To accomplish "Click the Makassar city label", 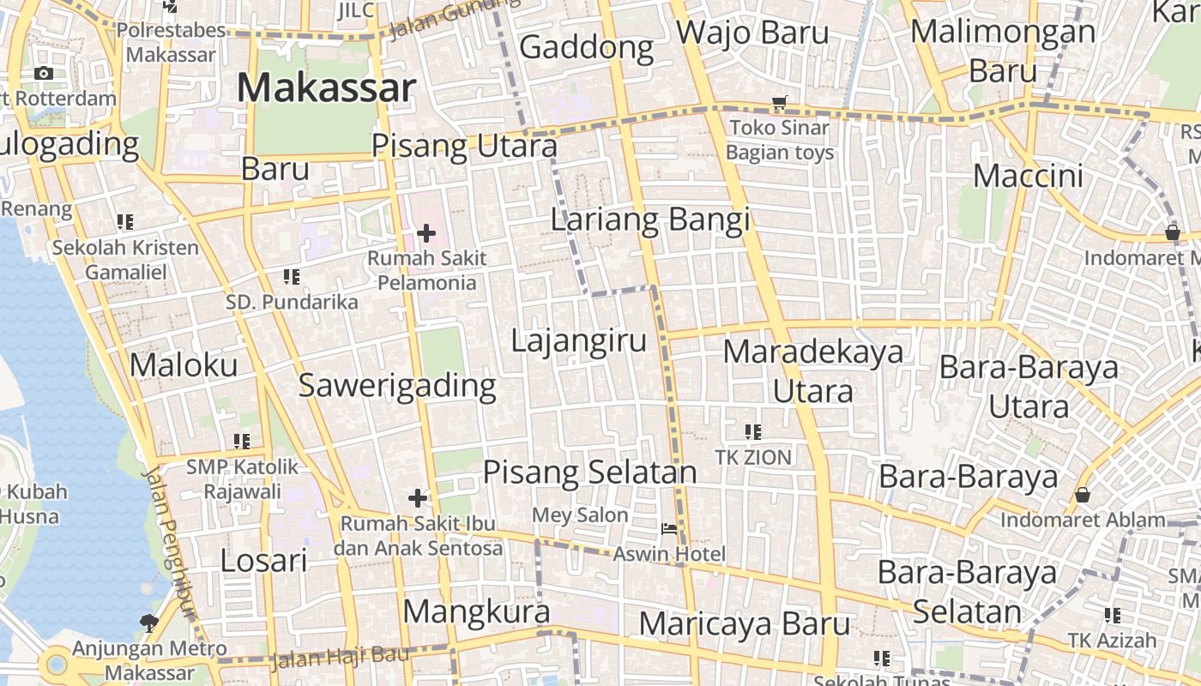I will (326, 87).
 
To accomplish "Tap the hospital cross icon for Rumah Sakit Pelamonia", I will (426, 232).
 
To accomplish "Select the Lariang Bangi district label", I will (649, 220).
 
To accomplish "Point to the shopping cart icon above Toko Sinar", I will (779, 104).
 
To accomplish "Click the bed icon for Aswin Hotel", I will (669, 528).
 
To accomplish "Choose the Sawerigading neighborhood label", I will (397, 385).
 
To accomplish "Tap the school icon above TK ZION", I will (753, 432).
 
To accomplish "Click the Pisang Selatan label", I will (589, 472).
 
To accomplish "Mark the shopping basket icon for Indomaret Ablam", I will (1083, 495).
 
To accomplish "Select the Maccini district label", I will (1029, 176).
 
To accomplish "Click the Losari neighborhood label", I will (263, 561).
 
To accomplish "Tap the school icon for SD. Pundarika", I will (292, 277).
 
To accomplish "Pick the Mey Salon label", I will (580, 515).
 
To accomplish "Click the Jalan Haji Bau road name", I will (328, 659).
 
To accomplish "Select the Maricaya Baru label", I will (744, 623).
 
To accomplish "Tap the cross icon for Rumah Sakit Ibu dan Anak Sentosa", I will (418, 498).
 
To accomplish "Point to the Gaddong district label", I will (587, 47).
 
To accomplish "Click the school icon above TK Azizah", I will (1113, 615).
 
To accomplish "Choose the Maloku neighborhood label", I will (184, 365).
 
